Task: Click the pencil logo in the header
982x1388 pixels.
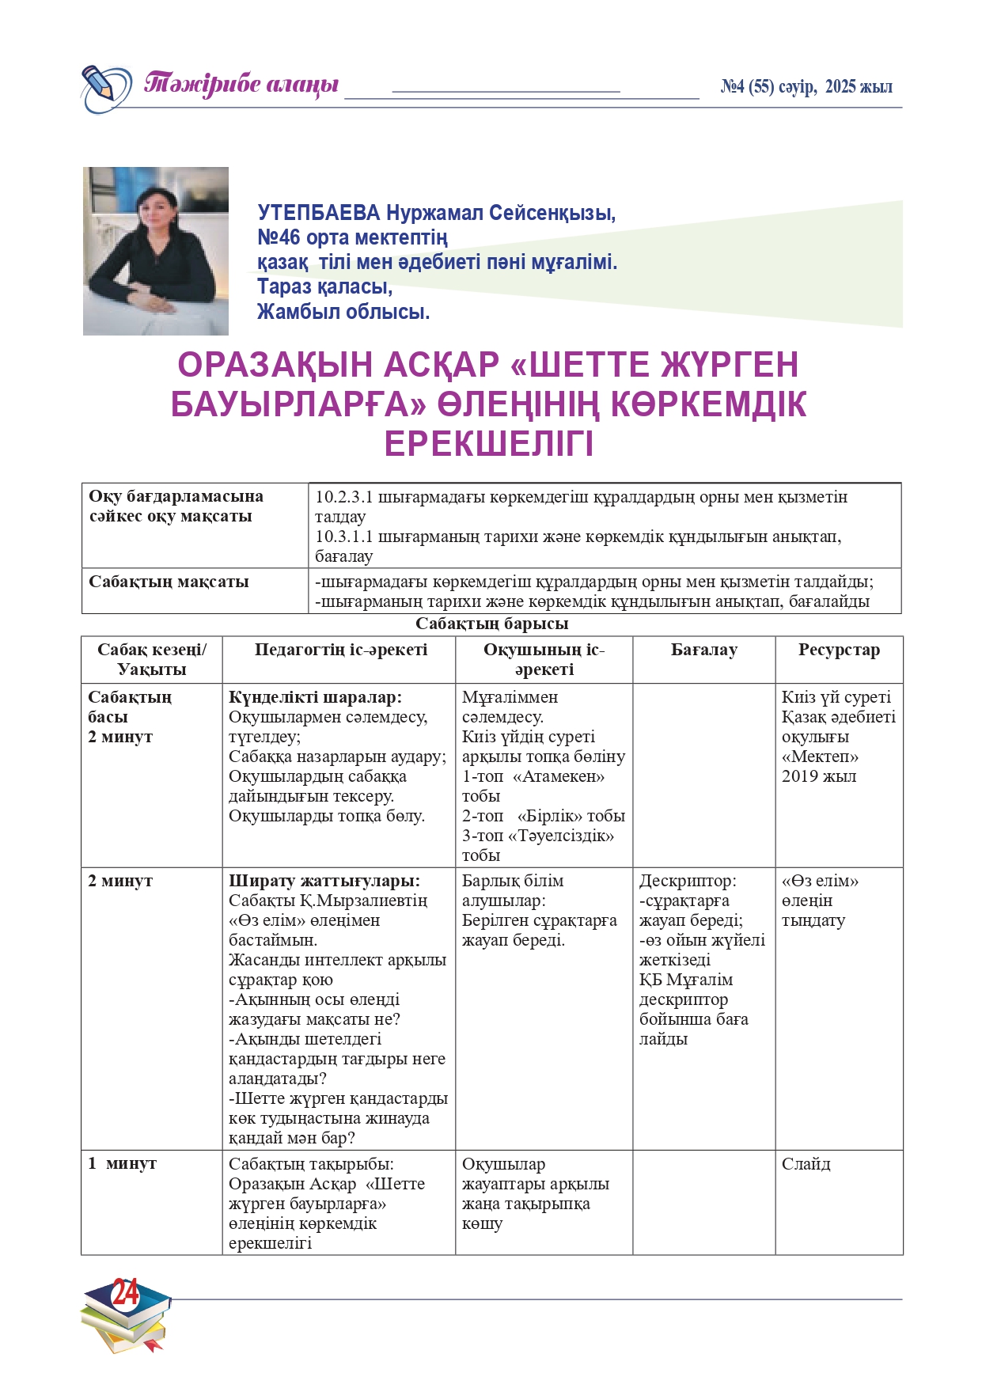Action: [x=105, y=88]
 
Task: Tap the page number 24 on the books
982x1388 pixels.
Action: [x=125, y=1293]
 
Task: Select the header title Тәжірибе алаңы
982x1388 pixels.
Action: [x=241, y=85]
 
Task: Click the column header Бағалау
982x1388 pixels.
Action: [x=703, y=650]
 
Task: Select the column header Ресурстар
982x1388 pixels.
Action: [x=839, y=650]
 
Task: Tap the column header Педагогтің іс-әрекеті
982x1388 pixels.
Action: [x=340, y=650]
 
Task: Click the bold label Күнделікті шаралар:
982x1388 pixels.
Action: [x=315, y=697]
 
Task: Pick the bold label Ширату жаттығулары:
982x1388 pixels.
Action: [x=324, y=881]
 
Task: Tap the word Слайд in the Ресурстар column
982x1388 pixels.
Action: [x=806, y=1164]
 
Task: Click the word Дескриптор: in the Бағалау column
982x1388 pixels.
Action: [x=688, y=881]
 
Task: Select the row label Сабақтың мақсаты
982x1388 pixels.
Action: [x=169, y=582]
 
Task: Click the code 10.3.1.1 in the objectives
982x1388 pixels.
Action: [x=344, y=537]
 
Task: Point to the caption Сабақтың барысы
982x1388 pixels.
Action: [x=491, y=624]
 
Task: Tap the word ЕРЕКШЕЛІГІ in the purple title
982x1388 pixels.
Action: [x=488, y=445]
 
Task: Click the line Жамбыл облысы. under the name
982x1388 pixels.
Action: [x=343, y=312]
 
